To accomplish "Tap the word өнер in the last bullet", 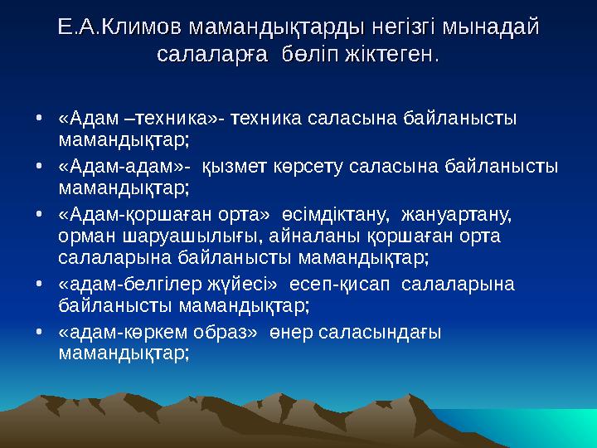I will tap(289, 332).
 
